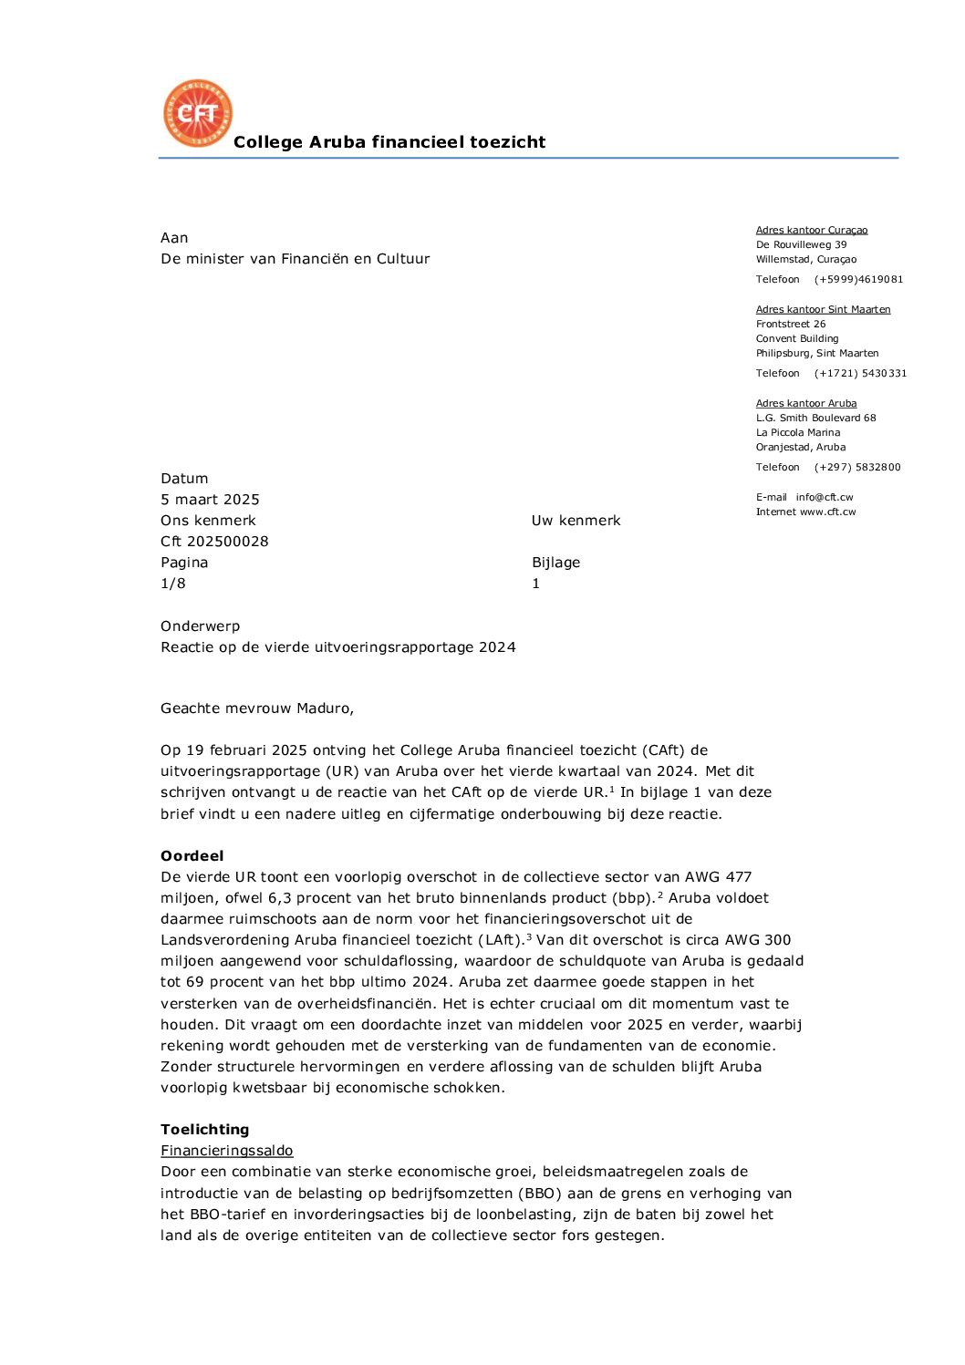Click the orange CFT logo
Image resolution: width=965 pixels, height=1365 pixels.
pyautogui.click(x=197, y=113)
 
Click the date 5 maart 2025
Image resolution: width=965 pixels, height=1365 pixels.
pyautogui.click(x=210, y=500)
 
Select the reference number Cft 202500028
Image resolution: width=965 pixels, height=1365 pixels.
pyautogui.click(x=214, y=542)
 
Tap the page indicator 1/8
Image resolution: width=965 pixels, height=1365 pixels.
pyautogui.click(x=172, y=584)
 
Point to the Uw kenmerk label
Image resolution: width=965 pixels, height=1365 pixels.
pyautogui.click(x=576, y=521)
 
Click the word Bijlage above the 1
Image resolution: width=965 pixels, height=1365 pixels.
pyautogui.click(x=555, y=563)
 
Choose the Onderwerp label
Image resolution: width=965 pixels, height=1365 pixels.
pyautogui.click(x=200, y=626)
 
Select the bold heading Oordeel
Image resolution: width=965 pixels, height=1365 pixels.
pyautogui.click(x=192, y=856)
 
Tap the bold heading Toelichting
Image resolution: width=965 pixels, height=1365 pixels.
pyautogui.click(x=204, y=1130)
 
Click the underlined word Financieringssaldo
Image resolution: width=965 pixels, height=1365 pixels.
pyautogui.click(x=226, y=1151)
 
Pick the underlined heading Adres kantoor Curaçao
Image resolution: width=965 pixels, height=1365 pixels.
pyautogui.click(x=811, y=231)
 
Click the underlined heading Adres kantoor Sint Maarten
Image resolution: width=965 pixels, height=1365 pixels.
pyautogui.click(x=823, y=310)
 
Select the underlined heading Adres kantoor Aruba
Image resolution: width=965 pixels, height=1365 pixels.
pyautogui.click(x=805, y=404)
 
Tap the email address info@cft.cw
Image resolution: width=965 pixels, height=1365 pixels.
pyautogui.click(x=824, y=498)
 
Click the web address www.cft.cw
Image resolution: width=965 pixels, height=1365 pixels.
pyautogui.click(x=827, y=512)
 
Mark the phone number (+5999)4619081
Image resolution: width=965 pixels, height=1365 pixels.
pyautogui.click(x=857, y=280)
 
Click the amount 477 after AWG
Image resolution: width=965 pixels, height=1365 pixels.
pyautogui.click(x=739, y=877)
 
